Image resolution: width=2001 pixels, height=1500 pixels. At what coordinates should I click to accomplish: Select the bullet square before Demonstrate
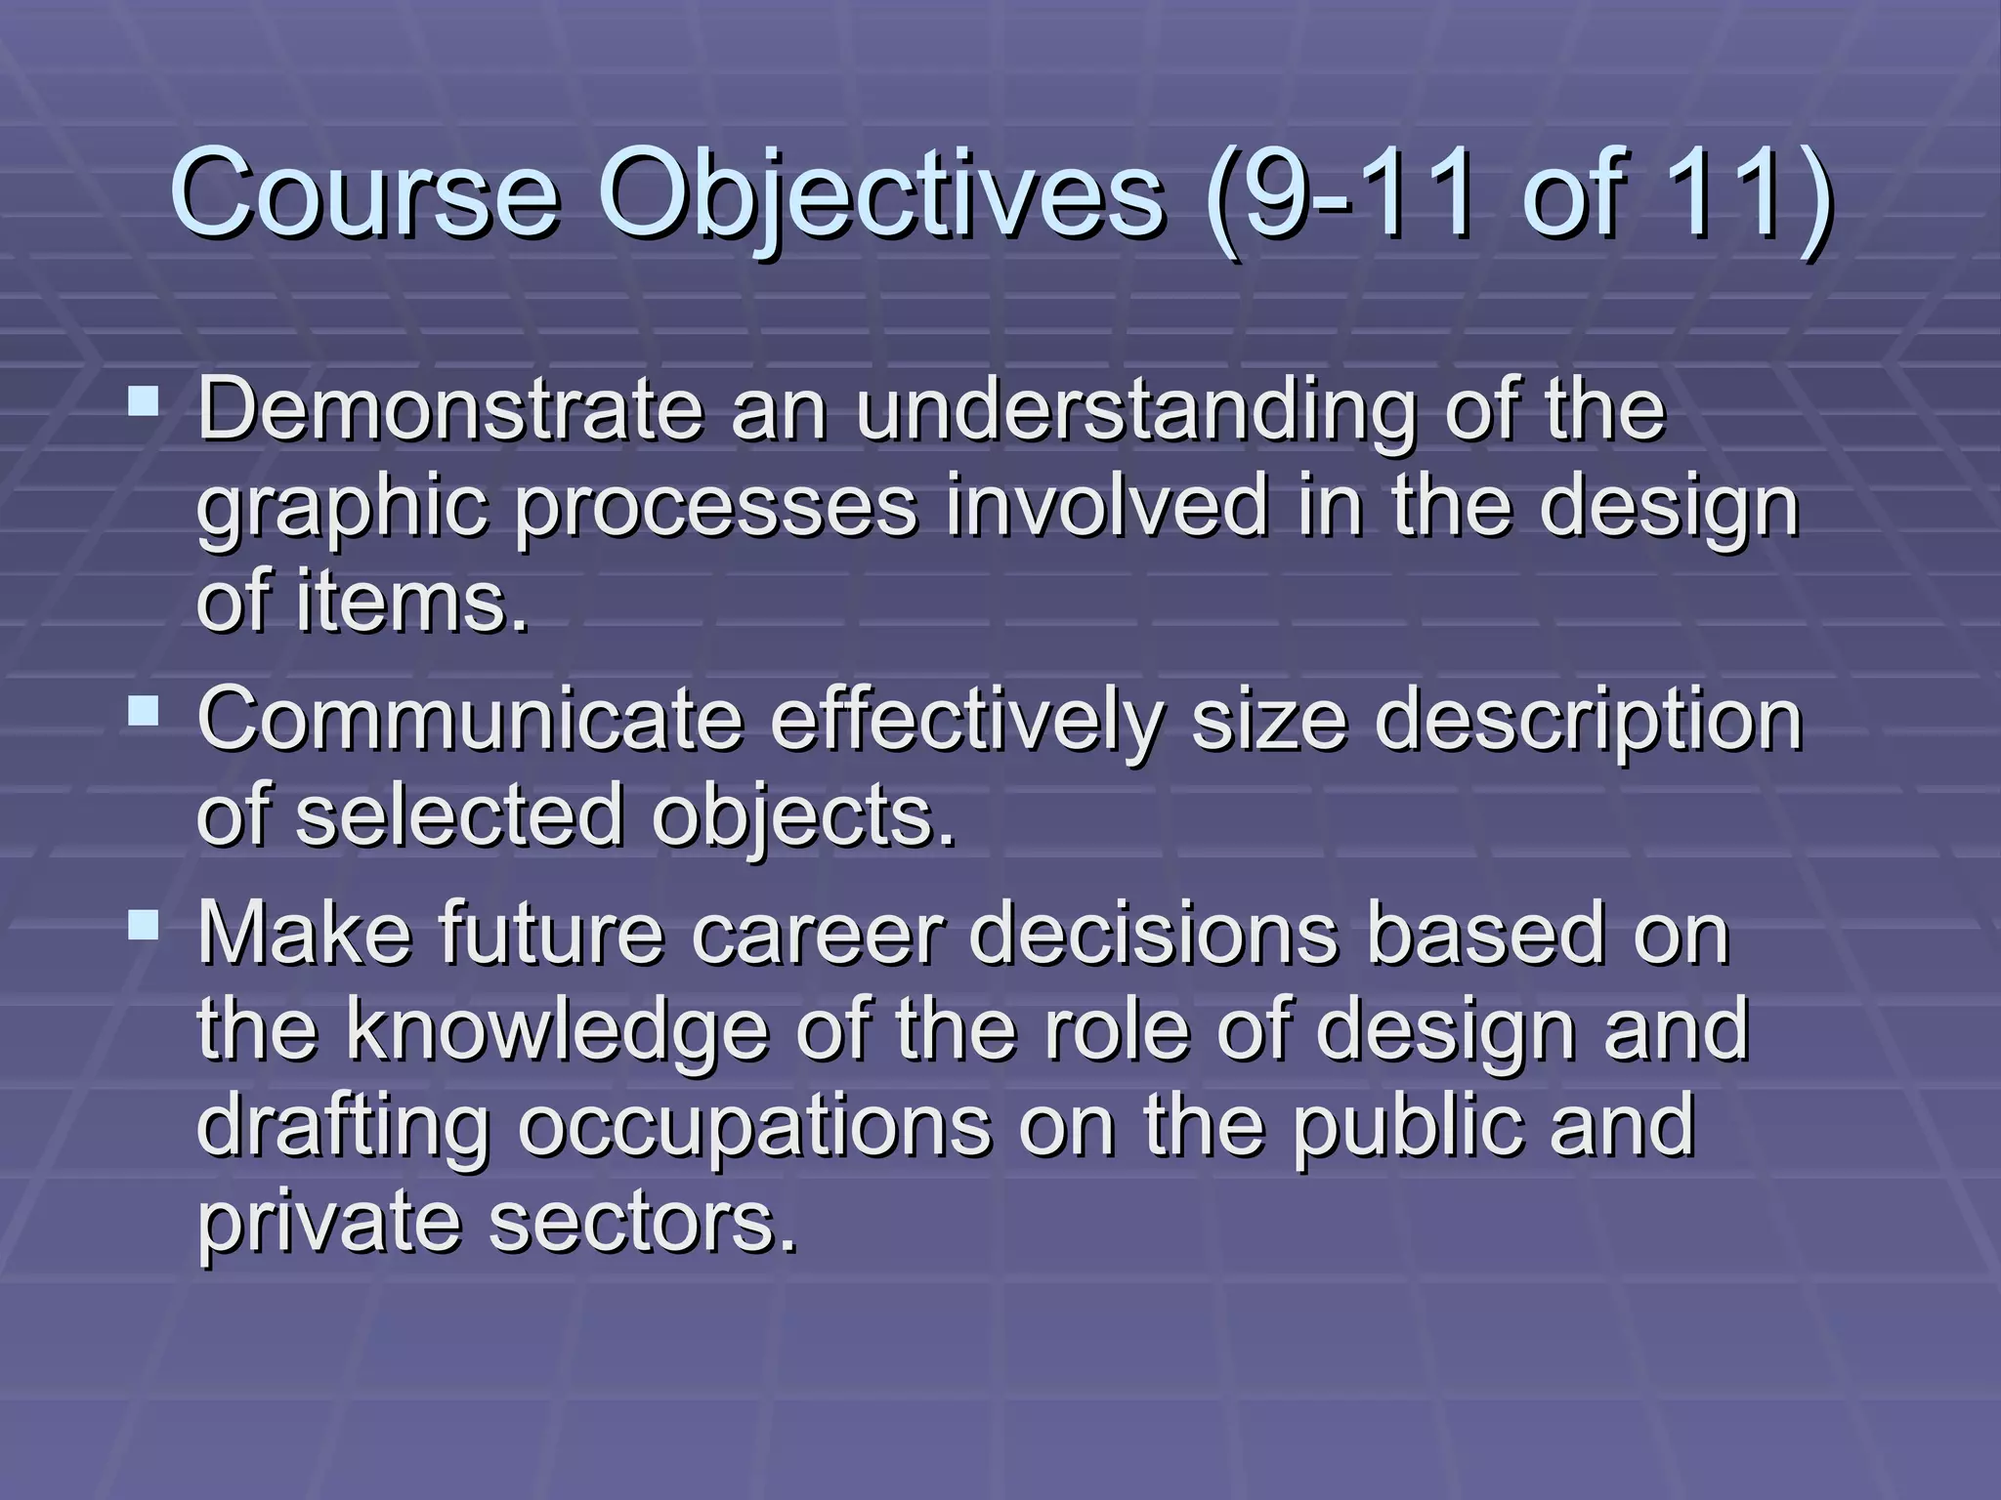tap(144, 400)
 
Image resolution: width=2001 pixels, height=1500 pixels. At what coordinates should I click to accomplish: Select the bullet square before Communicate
tap(144, 710)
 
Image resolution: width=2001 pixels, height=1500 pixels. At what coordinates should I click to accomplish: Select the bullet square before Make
tap(144, 924)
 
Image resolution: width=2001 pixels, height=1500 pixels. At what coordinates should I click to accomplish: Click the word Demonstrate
tap(450, 410)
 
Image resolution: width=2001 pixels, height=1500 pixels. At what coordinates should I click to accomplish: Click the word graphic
tap(342, 508)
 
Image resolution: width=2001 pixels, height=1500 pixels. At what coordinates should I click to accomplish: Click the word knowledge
tap(557, 1029)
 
